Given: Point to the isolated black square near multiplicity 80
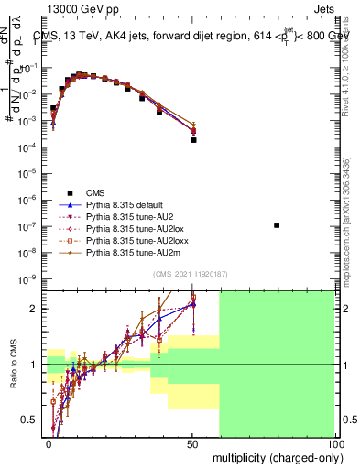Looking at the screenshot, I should tap(278, 224).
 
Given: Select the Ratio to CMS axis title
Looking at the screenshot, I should tap(14, 365).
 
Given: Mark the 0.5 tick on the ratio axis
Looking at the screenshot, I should tap(32, 420).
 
